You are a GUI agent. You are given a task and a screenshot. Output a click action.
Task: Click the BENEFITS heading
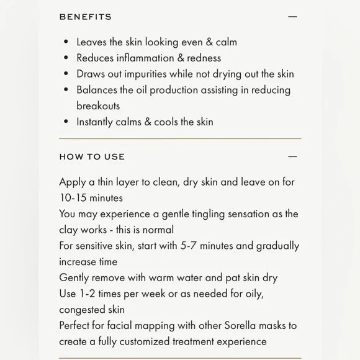tap(86, 17)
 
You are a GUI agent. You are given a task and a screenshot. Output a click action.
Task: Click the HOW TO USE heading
tap(92, 157)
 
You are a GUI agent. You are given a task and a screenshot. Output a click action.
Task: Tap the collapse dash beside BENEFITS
tap(292, 17)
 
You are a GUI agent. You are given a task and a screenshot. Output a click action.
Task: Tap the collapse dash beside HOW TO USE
tap(292, 157)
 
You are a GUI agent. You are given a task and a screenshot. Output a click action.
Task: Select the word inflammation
tap(143, 58)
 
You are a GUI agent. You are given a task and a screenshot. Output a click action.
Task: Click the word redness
tap(202, 58)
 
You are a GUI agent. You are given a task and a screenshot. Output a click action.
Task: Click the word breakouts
tap(98, 106)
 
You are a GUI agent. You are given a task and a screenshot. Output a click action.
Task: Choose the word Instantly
tap(96, 122)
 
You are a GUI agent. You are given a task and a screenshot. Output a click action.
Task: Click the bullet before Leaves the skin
tap(66, 42)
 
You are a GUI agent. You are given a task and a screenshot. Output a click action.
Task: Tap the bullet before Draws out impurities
tap(66, 74)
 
